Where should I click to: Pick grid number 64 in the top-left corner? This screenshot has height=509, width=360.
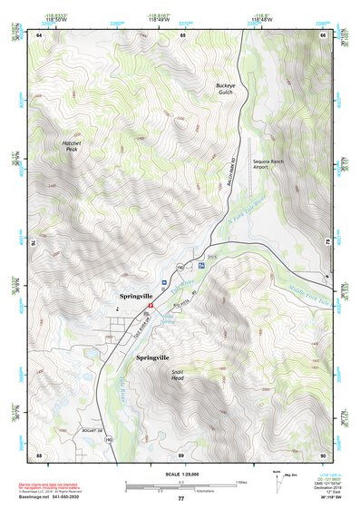pos(39,34)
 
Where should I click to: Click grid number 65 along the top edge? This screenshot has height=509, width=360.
pos(182,34)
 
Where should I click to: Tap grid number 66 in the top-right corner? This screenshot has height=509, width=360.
pos(324,34)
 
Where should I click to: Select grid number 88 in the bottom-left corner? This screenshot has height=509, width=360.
pos(39,455)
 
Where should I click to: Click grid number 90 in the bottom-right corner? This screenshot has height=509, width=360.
pos(323,455)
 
